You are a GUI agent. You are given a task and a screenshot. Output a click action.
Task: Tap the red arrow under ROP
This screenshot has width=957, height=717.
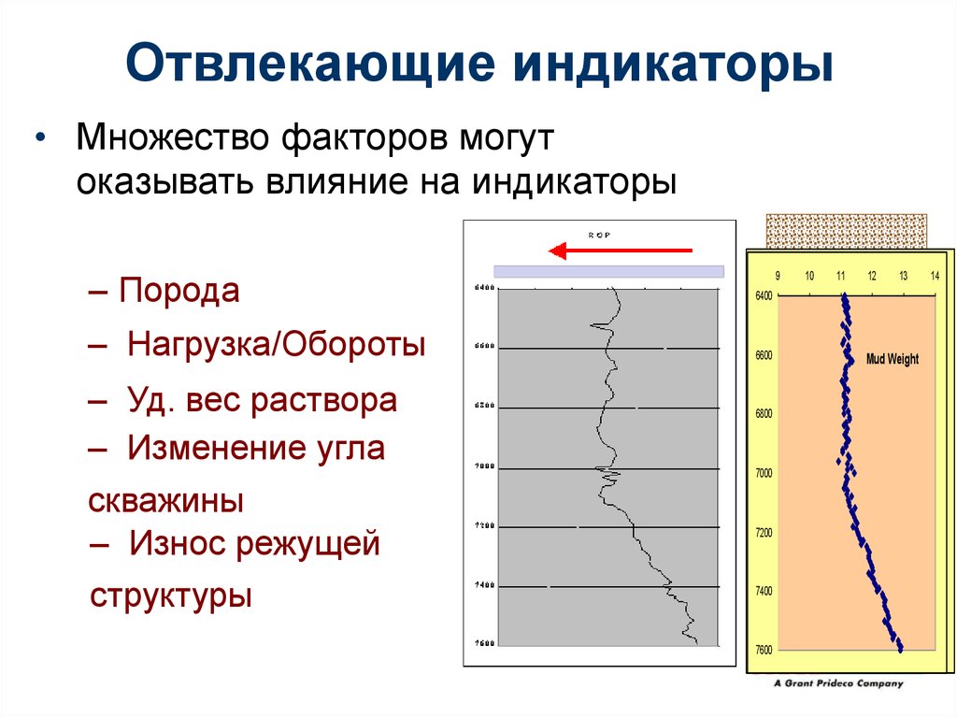(621, 251)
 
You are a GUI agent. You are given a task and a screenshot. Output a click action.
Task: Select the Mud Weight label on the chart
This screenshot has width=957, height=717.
(893, 359)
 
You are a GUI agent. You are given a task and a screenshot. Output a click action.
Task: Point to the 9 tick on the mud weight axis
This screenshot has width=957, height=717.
(778, 277)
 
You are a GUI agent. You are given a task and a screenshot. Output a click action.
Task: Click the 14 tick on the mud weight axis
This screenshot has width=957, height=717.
(935, 277)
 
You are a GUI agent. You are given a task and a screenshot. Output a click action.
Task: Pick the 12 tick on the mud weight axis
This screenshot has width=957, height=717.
(872, 277)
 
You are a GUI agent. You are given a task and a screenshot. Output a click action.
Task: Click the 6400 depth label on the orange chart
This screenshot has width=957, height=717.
(764, 296)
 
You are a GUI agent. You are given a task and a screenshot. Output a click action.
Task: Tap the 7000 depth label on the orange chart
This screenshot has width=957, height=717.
(764, 474)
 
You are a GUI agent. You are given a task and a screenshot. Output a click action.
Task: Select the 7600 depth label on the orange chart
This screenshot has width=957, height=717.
(764, 650)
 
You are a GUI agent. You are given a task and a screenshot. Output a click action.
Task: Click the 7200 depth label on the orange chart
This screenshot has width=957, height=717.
(764, 533)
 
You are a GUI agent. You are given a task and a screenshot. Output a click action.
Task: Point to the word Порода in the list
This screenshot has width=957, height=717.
(179, 291)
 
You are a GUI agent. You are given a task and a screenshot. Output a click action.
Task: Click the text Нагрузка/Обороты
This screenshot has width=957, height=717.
(277, 345)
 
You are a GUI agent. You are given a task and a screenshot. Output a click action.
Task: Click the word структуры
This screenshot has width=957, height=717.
(171, 595)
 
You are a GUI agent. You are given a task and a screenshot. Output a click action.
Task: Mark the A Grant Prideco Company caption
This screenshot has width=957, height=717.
(839, 683)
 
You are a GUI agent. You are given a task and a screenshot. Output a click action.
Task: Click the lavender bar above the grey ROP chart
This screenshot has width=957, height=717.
(608, 271)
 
